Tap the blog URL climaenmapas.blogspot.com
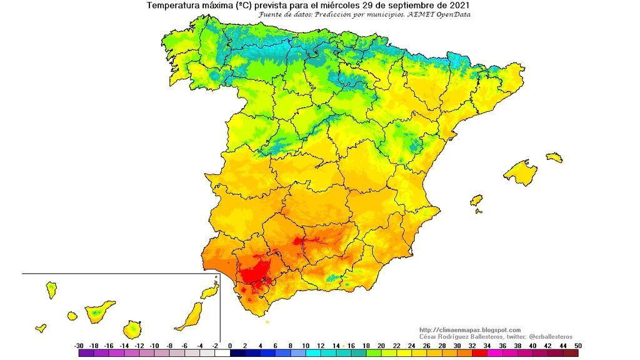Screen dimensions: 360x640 469,330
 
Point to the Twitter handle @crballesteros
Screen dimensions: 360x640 546,337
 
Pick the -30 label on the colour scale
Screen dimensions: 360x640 79,346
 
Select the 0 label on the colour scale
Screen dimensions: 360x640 230,346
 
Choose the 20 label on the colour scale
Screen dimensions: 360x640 381,346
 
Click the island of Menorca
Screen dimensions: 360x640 554,157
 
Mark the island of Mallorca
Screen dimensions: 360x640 519,172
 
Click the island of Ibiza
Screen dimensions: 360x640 476,201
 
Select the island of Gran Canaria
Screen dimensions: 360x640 132,329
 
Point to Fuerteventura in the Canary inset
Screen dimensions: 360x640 189,316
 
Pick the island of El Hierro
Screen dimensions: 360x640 41,327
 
